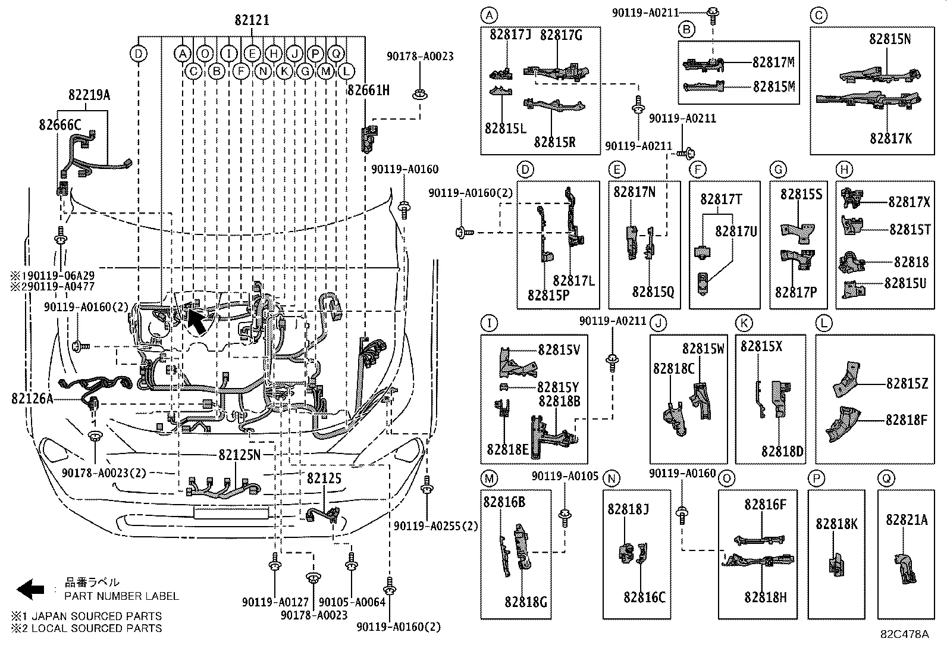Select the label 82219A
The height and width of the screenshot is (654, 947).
89,95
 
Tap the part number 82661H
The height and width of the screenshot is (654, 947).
368,90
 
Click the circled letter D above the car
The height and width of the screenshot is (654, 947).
138,54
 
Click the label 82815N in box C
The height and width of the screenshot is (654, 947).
889,39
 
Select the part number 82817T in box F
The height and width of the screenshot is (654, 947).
720,199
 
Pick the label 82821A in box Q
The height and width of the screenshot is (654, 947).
906,520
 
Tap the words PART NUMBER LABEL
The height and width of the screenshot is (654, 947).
121,596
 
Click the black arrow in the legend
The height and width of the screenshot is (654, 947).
30,589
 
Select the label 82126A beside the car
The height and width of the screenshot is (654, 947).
32,399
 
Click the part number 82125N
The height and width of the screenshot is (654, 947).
239,455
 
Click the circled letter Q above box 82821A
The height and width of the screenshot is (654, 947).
885,478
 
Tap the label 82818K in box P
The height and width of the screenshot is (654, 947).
836,524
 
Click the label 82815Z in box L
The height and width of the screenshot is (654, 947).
907,384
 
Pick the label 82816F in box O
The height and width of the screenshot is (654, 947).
765,505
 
